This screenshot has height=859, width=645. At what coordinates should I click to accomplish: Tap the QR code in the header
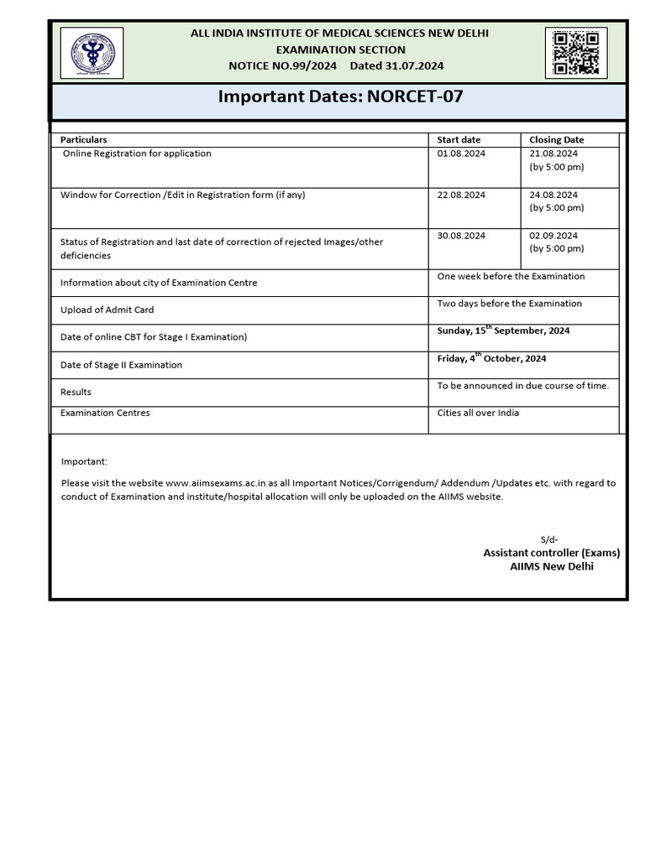click(575, 53)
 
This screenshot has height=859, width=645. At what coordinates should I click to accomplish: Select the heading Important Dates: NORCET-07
click(340, 96)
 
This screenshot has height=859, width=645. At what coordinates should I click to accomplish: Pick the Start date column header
click(459, 139)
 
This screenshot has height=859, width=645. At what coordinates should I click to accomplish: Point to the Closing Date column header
click(556, 139)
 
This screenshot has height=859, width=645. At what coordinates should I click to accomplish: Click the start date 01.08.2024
click(461, 154)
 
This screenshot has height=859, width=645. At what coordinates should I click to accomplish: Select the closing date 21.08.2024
click(553, 154)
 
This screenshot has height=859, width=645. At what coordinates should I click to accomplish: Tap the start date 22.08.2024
click(461, 195)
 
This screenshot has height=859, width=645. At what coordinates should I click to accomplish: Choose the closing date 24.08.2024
click(553, 195)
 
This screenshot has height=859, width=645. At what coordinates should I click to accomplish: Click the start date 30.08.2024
click(461, 236)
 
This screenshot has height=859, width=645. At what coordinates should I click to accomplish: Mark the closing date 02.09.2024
click(553, 236)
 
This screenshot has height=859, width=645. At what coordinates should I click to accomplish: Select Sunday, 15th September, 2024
click(503, 331)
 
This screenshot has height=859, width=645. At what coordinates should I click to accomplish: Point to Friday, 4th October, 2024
click(491, 358)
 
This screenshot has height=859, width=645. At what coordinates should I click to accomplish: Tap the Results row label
click(76, 392)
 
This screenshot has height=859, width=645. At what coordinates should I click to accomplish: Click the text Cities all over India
click(478, 413)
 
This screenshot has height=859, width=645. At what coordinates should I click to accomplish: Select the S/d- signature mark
click(548, 539)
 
